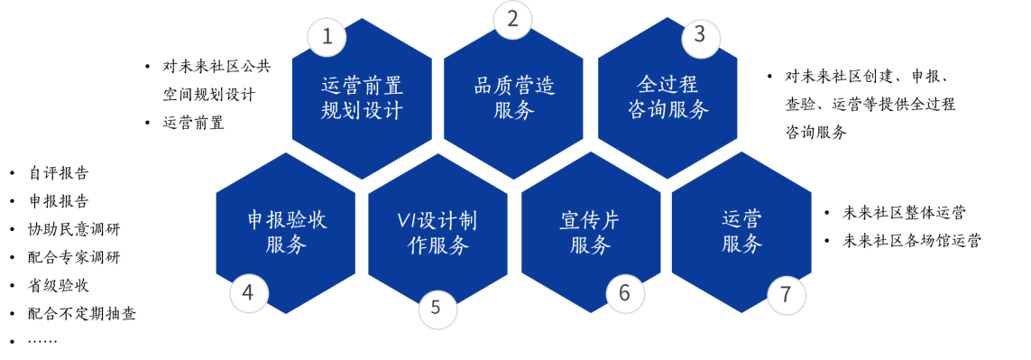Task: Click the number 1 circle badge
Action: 327,37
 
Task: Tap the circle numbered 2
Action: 512,20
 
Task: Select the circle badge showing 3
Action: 700,38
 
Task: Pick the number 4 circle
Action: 248,293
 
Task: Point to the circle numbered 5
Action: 437,308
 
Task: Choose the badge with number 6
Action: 625,293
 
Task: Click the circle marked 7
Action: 786,294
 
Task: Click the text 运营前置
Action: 362,86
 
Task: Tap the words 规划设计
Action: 362,111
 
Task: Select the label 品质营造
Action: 514,86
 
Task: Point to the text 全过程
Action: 668,85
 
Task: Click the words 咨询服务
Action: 668,110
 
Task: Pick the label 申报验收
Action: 286,219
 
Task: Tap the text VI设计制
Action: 437,221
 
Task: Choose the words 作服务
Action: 438,245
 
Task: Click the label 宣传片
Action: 590,220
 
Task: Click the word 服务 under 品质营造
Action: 514,111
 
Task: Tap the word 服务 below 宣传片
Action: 590,245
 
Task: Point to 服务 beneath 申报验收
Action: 286,245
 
